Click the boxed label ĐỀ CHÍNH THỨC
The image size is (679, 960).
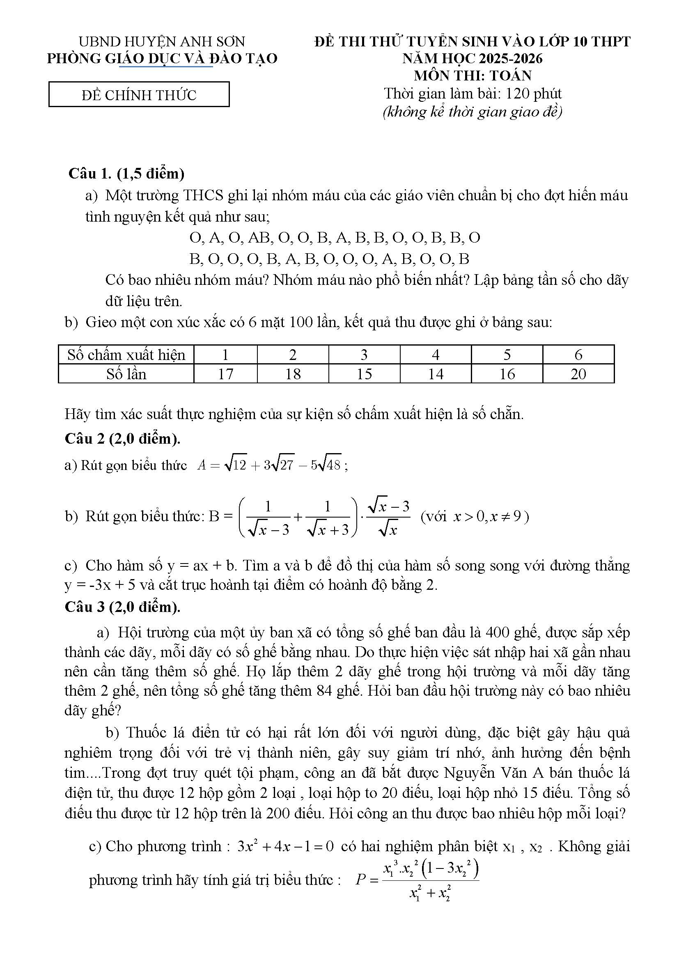pos(139,95)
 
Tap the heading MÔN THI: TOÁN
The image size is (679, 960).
pos(473,75)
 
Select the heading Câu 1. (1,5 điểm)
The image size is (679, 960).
pos(126,173)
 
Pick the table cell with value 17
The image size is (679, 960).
pos(225,374)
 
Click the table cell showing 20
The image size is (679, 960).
pos(578,374)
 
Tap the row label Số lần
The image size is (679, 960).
pos(126,374)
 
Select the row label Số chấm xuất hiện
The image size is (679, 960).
pos(126,355)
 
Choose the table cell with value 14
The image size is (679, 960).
pos(435,374)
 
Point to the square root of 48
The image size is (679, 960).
pos(330,465)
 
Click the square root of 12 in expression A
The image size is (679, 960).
pos(235,465)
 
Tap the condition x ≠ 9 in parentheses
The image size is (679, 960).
pos(506,517)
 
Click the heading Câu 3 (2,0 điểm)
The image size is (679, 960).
pos(122,607)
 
